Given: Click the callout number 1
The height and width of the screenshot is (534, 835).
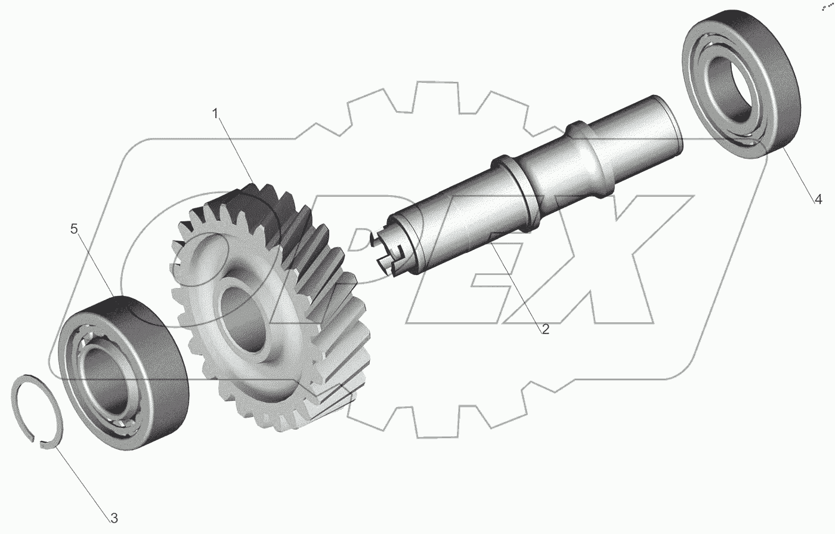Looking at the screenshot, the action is pyautogui.click(x=215, y=114).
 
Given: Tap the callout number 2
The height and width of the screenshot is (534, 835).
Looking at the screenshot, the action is pyautogui.click(x=545, y=329).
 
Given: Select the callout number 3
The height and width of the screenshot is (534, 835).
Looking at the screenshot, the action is pyautogui.click(x=114, y=518).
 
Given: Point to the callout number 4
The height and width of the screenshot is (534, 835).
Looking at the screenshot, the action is pyautogui.click(x=818, y=199).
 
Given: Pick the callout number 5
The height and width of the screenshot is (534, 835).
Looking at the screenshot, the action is pyautogui.click(x=74, y=229).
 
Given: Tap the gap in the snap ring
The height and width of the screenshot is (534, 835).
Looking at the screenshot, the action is pyautogui.click(x=36, y=442).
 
